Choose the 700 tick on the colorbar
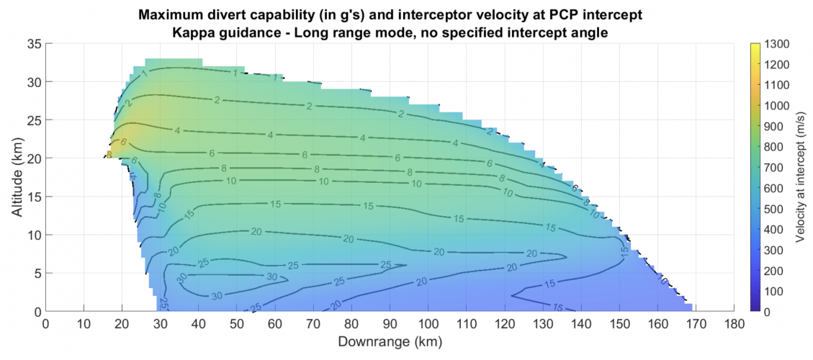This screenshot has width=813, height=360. pyautogui.click(x=773, y=168)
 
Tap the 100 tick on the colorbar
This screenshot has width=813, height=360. pyautogui.click(x=773, y=291)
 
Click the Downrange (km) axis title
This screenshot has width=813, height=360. pyautogui.click(x=390, y=341)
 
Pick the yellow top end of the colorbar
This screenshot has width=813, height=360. pyautogui.click(x=755, y=47)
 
